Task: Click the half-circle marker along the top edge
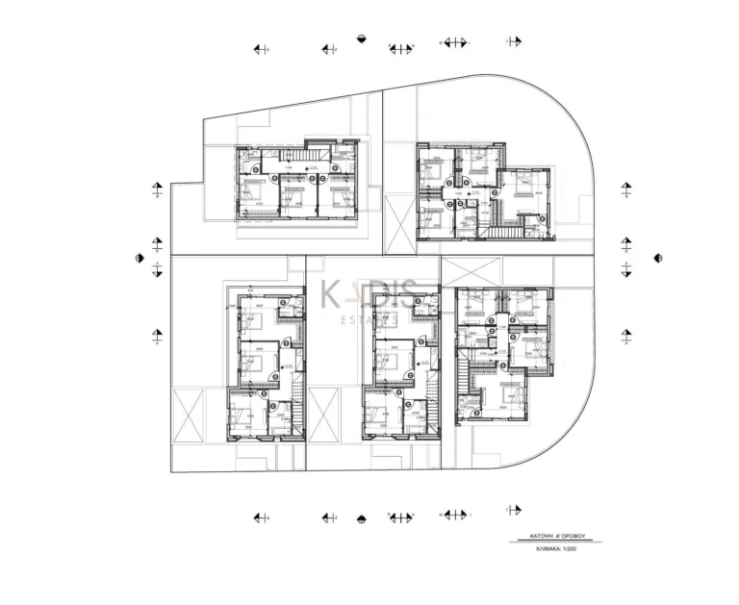[360, 39]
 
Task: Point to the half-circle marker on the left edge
[139, 258]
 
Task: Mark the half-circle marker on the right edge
[658, 257]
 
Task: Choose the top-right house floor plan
[484, 192]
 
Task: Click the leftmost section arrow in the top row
[260, 47]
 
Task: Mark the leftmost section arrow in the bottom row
[260, 517]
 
